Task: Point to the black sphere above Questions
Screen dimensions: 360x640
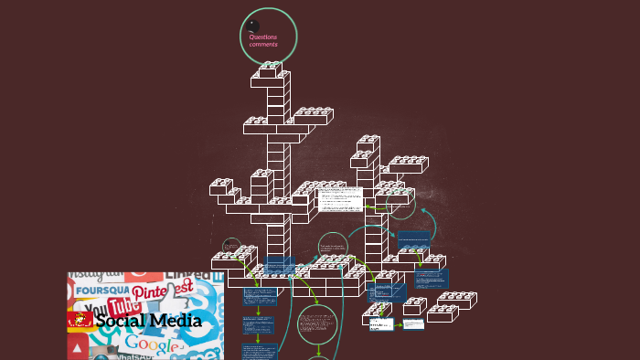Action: [253, 26]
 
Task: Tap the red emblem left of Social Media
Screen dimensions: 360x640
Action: [80, 320]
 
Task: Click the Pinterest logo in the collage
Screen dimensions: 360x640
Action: [161, 290]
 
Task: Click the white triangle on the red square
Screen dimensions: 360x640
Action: [78, 349]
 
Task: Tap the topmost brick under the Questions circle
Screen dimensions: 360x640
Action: [270, 69]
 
